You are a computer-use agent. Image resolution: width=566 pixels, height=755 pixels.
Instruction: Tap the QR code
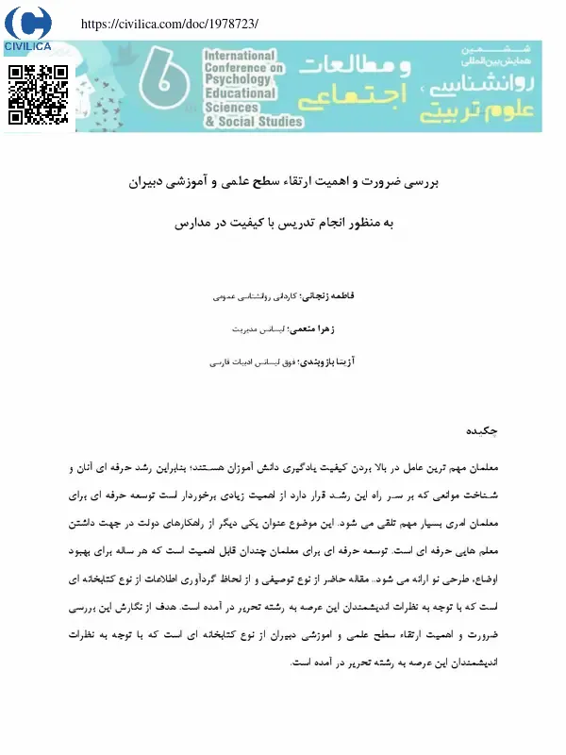38,94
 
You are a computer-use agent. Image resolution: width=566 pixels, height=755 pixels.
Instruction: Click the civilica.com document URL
171,23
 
